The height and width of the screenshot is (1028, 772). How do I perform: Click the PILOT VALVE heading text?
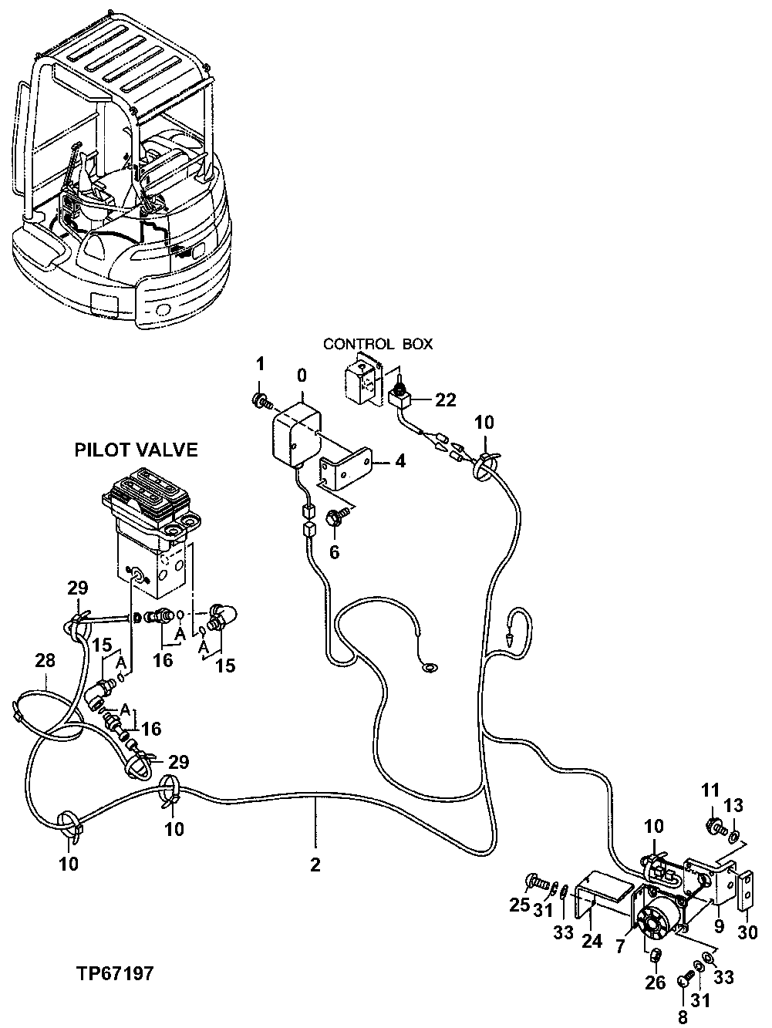pyautogui.click(x=136, y=450)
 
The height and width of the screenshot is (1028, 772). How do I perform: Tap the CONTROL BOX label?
pyautogui.click(x=378, y=344)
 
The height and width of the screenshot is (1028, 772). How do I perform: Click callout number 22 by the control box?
pyautogui.click(x=446, y=400)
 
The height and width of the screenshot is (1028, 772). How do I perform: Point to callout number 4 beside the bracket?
pyautogui.click(x=399, y=462)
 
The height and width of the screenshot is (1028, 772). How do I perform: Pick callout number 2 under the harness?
pyautogui.click(x=315, y=865)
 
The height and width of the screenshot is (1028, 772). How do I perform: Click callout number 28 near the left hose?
pyautogui.click(x=46, y=660)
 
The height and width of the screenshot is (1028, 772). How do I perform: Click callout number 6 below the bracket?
pyautogui.click(x=334, y=552)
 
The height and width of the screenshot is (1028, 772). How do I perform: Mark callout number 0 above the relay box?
pyautogui.click(x=302, y=375)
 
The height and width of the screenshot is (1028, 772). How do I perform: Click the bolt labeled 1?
pyautogui.click(x=261, y=400)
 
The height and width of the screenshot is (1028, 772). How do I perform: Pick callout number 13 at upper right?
pyautogui.click(x=733, y=806)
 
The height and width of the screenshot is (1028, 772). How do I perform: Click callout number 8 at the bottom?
pyautogui.click(x=681, y=1018)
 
